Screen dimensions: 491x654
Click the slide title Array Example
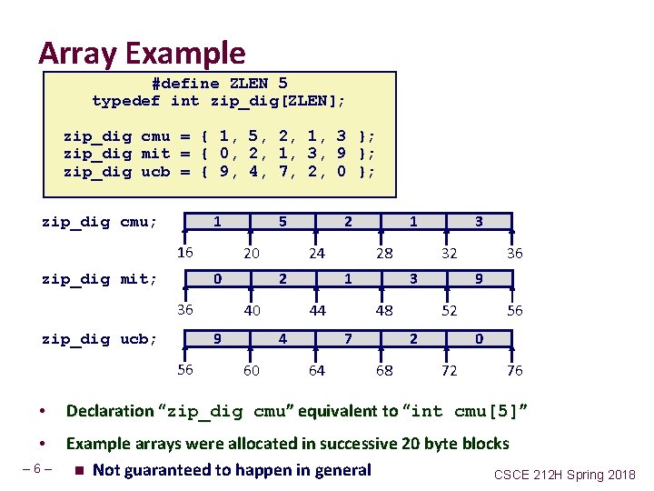click(142, 54)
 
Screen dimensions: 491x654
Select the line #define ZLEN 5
click(219, 83)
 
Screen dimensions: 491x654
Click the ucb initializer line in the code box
click(219, 171)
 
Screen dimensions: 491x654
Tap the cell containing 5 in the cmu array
click(282, 222)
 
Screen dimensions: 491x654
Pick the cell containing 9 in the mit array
click(479, 279)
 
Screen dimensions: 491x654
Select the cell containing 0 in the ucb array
click(479, 339)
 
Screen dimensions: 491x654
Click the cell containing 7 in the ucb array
click(348, 339)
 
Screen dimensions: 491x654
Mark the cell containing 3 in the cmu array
click(479, 222)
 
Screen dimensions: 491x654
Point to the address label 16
click(184, 252)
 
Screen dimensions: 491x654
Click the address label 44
click(316, 311)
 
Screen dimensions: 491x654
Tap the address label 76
click(514, 371)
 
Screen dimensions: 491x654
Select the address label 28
click(384, 254)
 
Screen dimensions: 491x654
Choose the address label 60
click(251, 371)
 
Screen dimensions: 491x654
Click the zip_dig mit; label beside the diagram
click(100, 279)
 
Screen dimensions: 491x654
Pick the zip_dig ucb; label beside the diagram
click(100, 339)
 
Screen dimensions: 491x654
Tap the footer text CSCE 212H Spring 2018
click(565, 475)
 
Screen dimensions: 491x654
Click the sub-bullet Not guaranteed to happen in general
click(232, 470)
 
